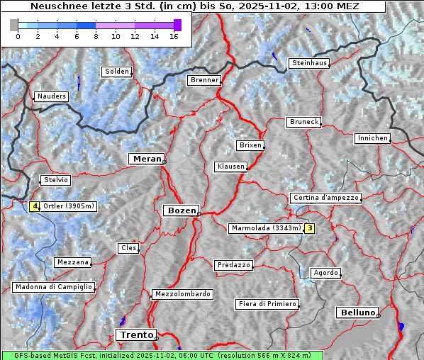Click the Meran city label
point(146,159)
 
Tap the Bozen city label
point(180,210)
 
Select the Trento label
point(135,334)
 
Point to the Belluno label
point(357,312)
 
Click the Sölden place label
point(117,72)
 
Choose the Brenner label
point(204,80)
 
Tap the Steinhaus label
point(309,63)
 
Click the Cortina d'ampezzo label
point(325,198)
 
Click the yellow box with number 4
point(34,207)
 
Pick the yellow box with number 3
point(309,228)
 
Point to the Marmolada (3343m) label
point(266,228)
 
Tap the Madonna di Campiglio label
point(53,287)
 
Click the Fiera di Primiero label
point(267,304)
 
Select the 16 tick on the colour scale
point(174,35)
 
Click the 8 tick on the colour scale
point(96,35)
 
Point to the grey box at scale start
point(14,25)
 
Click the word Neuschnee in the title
point(54,6)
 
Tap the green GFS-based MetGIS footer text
point(162,355)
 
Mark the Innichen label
point(372,138)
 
